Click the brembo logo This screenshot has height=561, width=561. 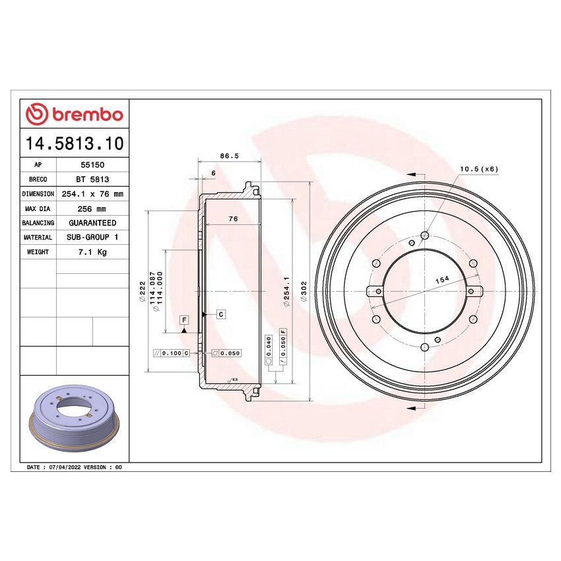[74, 114]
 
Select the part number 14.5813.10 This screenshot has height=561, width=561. [74, 143]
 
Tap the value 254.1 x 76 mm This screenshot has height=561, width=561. [92, 194]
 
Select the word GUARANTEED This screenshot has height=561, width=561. [92, 223]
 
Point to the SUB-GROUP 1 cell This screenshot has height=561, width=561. [92, 238]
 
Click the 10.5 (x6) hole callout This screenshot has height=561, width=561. [478, 169]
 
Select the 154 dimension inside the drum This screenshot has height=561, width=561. [442, 279]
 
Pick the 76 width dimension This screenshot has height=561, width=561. [233, 218]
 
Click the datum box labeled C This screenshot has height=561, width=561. [220, 314]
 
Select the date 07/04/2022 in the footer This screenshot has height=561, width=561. [65, 467]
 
